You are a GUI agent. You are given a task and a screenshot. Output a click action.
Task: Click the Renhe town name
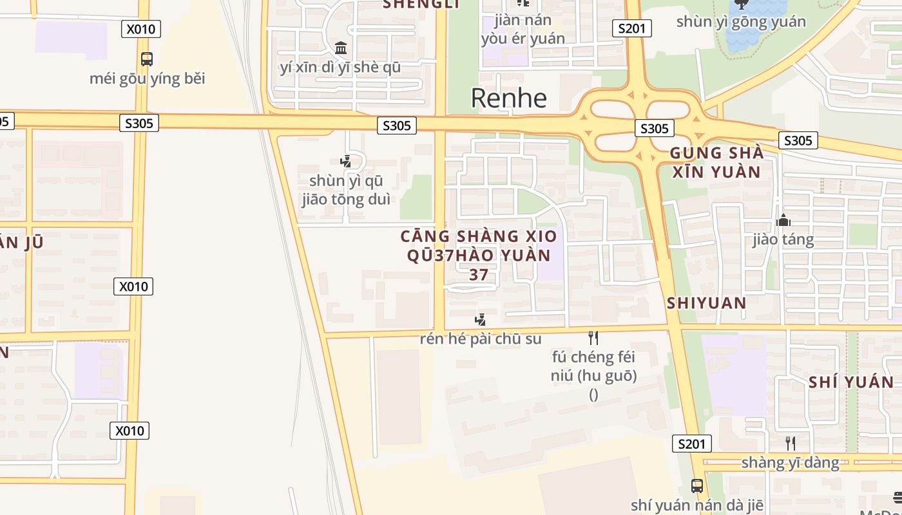[508, 98]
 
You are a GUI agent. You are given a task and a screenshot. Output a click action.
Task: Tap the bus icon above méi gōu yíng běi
[147, 59]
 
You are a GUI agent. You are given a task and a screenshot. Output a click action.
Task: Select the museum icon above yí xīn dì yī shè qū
[341, 48]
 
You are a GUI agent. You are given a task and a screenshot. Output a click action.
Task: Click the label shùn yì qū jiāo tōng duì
[346, 190]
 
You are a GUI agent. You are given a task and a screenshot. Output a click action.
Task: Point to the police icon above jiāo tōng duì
[346, 161]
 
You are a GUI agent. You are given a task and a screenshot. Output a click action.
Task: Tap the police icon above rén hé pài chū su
[480, 319]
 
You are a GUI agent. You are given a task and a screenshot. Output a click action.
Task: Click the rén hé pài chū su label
[480, 339]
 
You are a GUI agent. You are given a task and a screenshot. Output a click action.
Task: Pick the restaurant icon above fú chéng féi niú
[593, 337]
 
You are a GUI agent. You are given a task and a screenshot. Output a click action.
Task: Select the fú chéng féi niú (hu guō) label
[593, 366]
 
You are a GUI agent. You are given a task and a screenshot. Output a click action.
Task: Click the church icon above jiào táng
[783, 220]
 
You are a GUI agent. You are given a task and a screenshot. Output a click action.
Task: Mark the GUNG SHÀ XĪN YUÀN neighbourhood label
[716, 162]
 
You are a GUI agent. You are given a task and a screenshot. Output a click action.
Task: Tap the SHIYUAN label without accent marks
[706, 303]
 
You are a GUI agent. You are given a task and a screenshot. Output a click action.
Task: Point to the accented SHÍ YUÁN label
[851, 382]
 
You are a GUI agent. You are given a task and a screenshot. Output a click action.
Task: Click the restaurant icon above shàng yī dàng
[790, 443]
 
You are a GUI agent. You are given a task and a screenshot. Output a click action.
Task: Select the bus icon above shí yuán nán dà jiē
[696, 485]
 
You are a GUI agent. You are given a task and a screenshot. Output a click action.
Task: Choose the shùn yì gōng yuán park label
[741, 21]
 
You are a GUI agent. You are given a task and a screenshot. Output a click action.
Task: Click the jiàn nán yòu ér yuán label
[523, 29]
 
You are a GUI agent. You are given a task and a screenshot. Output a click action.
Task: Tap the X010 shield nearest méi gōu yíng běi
[140, 28]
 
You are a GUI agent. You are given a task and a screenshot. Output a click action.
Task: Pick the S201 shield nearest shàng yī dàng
[691, 444]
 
